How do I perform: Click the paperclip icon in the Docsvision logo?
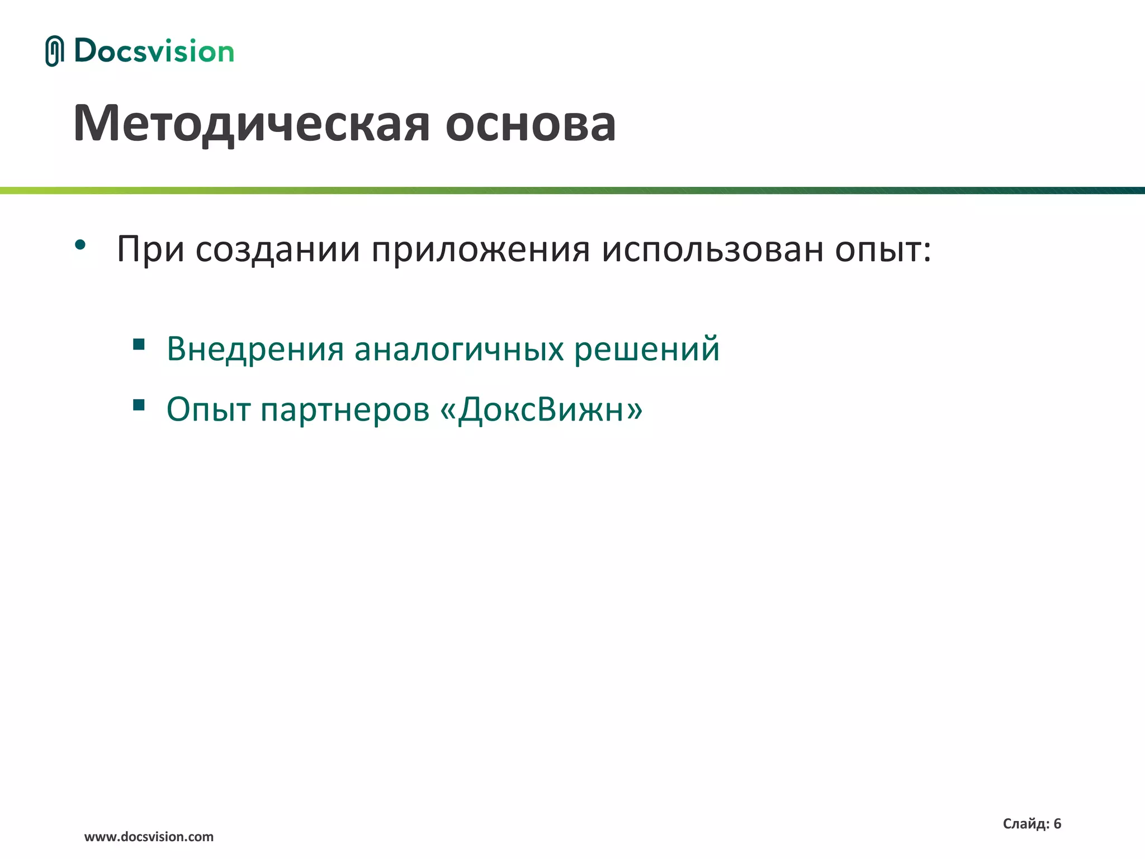click(x=54, y=51)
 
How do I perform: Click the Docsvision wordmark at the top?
click(x=154, y=51)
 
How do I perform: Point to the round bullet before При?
click(x=80, y=244)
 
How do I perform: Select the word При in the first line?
click(x=150, y=249)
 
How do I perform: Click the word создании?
click(x=277, y=249)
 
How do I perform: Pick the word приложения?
click(x=480, y=250)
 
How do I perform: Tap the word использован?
click(x=712, y=249)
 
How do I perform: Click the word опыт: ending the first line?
click(x=883, y=250)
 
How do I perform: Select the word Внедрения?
click(x=255, y=350)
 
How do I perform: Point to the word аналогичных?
click(x=459, y=350)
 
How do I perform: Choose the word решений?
click(x=647, y=348)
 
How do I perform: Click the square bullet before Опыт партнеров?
click(x=139, y=404)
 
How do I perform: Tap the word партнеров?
click(x=345, y=410)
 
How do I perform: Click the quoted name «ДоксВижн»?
click(x=541, y=410)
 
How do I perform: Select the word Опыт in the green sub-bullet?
click(x=208, y=410)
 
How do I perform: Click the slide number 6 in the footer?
click(x=1057, y=823)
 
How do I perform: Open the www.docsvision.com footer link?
click(x=149, y=837)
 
